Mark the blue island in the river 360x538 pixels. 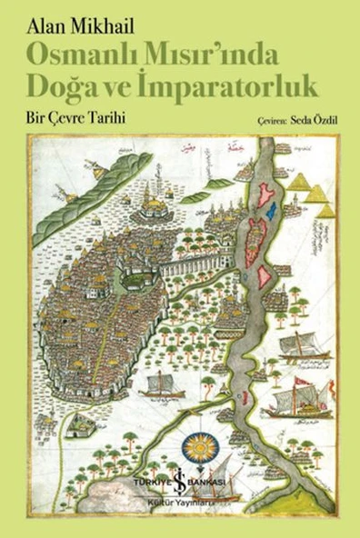click(270, 212)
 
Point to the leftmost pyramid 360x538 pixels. click(298, 182)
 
